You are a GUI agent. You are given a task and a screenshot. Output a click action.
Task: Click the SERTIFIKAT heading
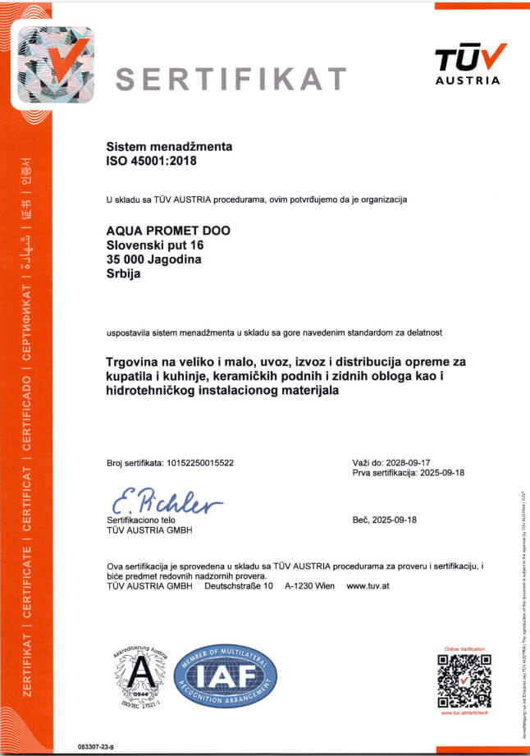coord(231,78)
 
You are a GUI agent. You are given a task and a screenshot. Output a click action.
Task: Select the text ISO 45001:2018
coord(153,161)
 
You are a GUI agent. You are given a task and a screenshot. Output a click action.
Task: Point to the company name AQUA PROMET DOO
coord(169,231)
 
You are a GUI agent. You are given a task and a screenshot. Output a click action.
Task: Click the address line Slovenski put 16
coord(155,245)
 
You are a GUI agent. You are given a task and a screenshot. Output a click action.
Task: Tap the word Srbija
coord(124,275)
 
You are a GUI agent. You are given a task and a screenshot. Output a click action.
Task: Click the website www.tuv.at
coord(368,586)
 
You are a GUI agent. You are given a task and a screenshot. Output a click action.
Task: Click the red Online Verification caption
coord(464,648)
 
